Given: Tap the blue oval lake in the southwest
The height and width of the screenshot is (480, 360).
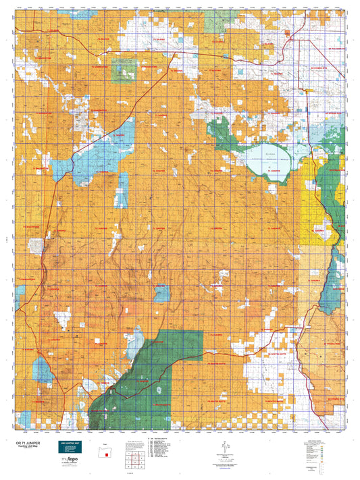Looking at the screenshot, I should (x=42, y=369).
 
